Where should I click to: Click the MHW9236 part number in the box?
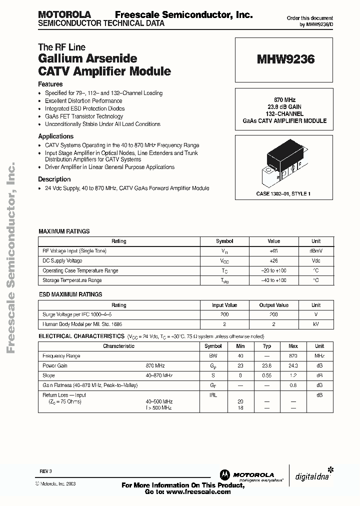pos(285,59)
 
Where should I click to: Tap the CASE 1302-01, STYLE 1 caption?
pos(283,193)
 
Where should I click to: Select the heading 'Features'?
pos(50,84)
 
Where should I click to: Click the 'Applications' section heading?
pos(56,136)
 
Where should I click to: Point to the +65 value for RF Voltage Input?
pos(273,251)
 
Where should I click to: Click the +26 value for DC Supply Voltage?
pos(273,260)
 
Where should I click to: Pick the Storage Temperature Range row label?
pos(72,280)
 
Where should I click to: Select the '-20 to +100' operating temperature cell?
pos(273,270)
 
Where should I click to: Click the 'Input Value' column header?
pos(224,305)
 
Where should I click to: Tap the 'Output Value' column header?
pos(273,305)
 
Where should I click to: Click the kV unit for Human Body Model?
pos(315,324)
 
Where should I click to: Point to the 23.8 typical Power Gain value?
pos(267,365)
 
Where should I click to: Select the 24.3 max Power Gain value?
pos(293,365)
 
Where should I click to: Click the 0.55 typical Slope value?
pos(267,375)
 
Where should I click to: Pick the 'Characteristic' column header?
pos(118,346)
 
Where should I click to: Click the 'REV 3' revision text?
pos(45,471)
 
